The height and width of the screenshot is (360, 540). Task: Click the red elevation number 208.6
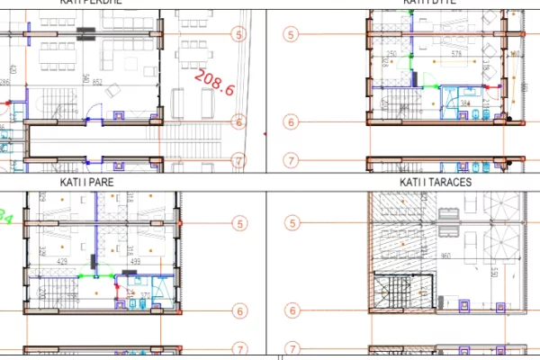[x=214, y=85]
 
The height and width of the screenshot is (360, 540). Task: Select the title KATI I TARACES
[x=436, y=182]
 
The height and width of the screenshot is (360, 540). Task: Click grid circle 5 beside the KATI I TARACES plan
[x=291, y=223]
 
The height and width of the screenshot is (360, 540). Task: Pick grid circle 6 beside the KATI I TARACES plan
[x=291, y=311]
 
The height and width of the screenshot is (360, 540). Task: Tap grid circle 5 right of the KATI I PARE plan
[x=238, y=223]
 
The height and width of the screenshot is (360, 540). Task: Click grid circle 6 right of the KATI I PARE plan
[x=238, y=311]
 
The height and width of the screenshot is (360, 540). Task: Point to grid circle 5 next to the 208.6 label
[x=238, y=34]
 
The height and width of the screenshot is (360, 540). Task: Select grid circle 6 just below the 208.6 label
[x=238, y=121]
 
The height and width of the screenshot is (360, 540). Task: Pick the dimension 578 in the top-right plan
[x=456, y=55]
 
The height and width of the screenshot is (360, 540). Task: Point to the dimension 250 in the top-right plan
[x=391, y=55]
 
